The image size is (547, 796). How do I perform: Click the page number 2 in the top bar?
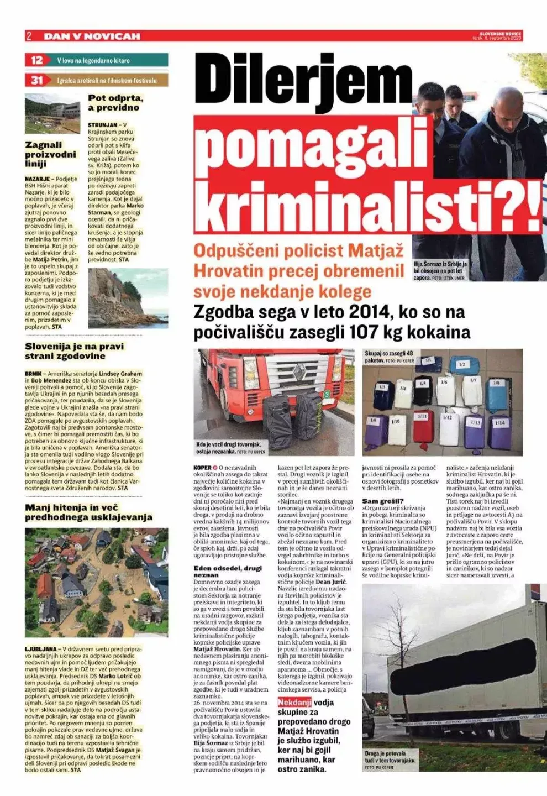pos(29,36)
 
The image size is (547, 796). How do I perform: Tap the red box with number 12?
pos(36,60)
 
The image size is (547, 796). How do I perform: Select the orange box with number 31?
pos(36,80)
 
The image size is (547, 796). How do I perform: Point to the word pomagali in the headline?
pos(312,145)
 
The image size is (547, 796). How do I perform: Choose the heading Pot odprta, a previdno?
pos(115,103)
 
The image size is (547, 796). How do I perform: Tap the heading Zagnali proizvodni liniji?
pos(50,154)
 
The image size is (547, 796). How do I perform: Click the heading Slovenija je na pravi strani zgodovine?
pos(74,351)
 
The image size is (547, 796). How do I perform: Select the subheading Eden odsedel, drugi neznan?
pos(228,572)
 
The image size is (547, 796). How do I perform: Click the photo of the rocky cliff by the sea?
pos(128,298)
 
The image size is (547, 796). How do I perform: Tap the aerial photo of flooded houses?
pos(96,583)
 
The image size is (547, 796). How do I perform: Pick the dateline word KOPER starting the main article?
pos(203,468)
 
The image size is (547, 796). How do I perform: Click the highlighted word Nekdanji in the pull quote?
pos(294,703)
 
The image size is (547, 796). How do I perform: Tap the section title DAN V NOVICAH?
pos(92,36)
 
